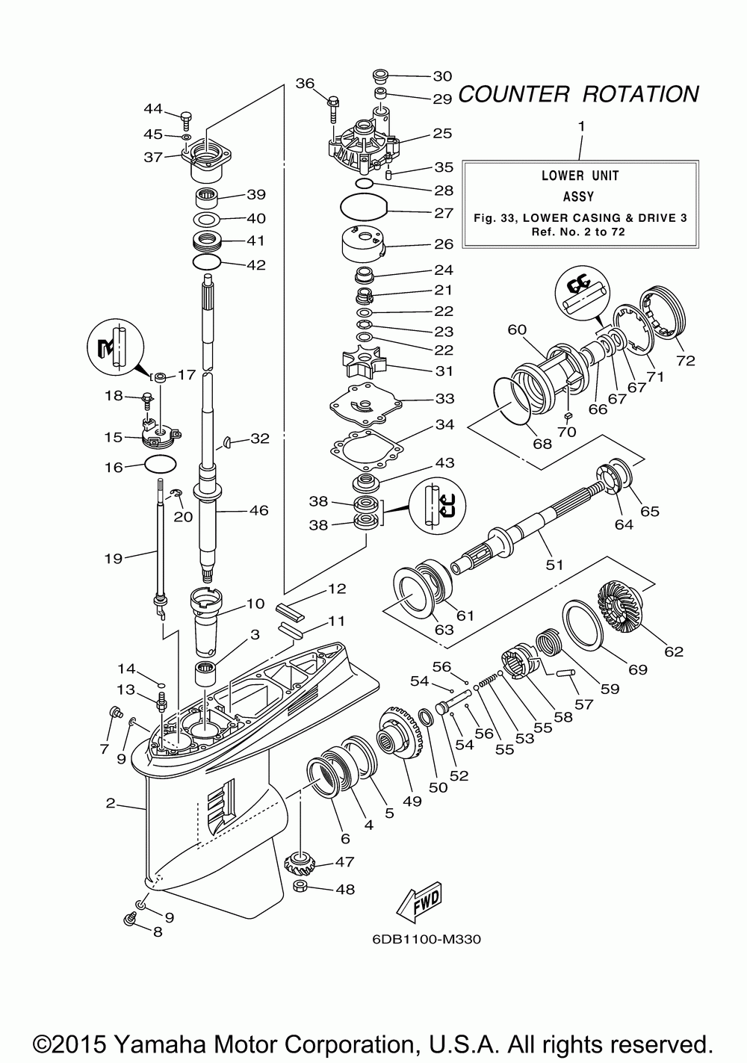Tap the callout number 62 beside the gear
pyautogui.click(x=674, y=651)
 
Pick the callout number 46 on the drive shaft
pyautogui.click(x=258, y=510)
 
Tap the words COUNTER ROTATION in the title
pyautogui.click(x=578, y=94)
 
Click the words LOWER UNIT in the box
pyautogui.click(x=580, y=176)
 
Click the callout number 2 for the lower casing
pyautogui.click(x=110, y=803)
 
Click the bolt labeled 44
pyautogui.click(x=186, y=120)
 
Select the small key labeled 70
pyautogui.click(x=568, y=415)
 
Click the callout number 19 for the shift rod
pyautogui.click(x=114, y=558)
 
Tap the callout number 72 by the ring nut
pyautogui.click(x=685, y=361)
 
